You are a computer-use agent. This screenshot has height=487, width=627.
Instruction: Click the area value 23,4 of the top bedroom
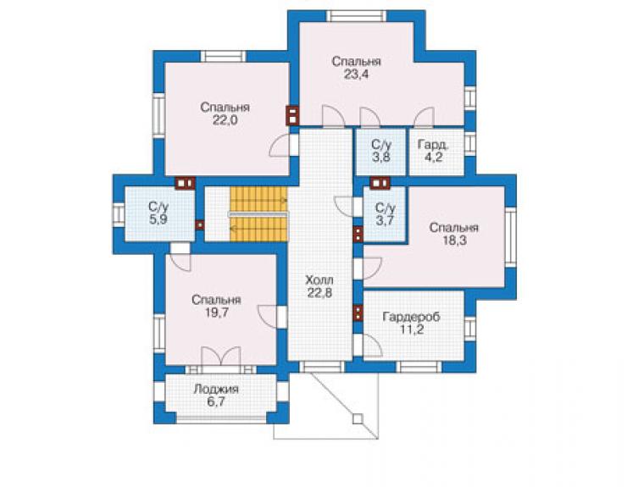click(356, 75)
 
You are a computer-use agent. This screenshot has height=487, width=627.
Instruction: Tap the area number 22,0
click(225, 120)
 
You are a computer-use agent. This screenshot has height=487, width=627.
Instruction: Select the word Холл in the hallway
click(319, 279)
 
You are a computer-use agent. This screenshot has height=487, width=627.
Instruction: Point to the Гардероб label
click(412, 317)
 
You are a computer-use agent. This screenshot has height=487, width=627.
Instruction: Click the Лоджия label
click(216, 389)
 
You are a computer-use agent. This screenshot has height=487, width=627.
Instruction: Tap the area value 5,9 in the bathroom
click(158, 219)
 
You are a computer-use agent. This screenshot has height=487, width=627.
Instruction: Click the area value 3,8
click(381, 158)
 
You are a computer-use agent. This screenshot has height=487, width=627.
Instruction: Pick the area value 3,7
click(385, 221)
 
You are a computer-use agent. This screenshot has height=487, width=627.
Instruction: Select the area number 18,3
click(455, 241)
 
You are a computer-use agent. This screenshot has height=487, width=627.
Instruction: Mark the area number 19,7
click(217, 313)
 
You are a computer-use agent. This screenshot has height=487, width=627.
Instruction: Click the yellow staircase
click(258, 214)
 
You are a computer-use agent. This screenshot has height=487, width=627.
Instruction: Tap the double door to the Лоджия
click(221, 356)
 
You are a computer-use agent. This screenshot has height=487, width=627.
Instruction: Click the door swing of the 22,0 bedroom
click(280, 145)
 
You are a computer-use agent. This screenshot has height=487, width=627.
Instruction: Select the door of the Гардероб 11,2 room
click(373, 346)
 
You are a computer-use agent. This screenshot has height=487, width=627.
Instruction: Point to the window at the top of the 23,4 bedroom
click(357, 15)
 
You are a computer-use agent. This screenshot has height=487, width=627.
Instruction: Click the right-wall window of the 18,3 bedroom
click(510, 237)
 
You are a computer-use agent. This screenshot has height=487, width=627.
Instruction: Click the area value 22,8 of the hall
click(319, 293)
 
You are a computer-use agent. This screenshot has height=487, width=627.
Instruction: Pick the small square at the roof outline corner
click(358, 419)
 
